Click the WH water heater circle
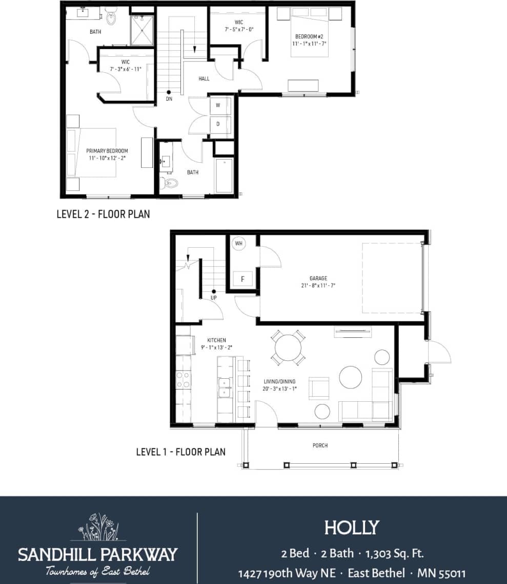tap(238, 244)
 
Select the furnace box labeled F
tap(242, 279)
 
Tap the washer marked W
tap(218, 105)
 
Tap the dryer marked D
tap(218, 124)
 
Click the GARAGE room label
tap(318, 278)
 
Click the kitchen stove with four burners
tap(183, 379)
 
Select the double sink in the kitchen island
tap(225, 387)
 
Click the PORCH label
tap(320, 445)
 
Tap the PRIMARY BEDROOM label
tap(107, 151)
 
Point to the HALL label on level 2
tap(204, 78)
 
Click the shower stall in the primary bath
tap(141, 30)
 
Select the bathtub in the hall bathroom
tap(224, 176)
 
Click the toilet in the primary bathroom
tap(111, 18)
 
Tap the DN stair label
tap(169, 99)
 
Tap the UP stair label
tap(214, 297)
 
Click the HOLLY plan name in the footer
tap(352, 527)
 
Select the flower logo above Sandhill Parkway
tap(98, 527)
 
